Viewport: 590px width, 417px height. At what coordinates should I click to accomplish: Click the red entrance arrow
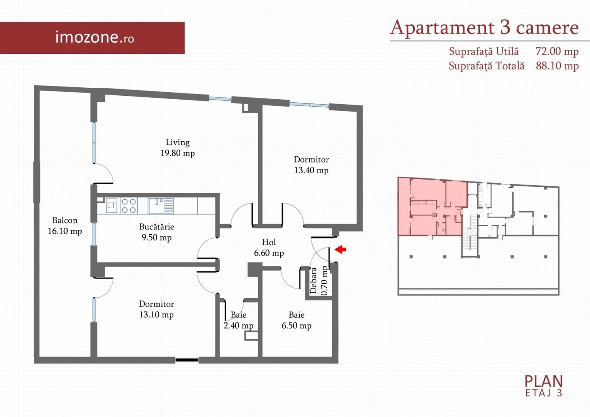(340, 249)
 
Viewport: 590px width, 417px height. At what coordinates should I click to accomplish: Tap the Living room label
(178, 142)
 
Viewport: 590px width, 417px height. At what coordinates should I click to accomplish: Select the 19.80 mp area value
(178, 153)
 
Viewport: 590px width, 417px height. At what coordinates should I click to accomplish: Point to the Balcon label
(65, 220)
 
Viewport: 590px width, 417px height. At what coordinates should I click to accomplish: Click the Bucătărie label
(157, 227)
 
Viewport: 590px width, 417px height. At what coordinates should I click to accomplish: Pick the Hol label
(269, 242)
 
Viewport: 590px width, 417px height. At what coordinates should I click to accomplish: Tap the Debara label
(314, 281)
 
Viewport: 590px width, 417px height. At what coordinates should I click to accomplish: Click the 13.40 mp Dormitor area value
(311, 170)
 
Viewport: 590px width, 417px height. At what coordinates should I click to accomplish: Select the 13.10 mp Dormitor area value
(156, 315)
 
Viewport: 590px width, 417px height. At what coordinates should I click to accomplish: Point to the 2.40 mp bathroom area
(238, 325)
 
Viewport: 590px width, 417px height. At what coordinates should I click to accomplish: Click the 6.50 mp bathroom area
(296, 325)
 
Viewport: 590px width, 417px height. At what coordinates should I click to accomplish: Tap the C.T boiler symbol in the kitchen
(112, 206)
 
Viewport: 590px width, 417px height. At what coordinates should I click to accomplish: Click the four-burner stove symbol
(129, 206)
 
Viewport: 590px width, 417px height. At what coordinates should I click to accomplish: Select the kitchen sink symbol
(161, 206)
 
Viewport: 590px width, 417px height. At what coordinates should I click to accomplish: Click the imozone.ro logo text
(95, 37)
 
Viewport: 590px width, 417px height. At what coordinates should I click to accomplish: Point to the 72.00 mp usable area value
(557, 51)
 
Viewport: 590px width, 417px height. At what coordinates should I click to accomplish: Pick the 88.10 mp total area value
(557, 66)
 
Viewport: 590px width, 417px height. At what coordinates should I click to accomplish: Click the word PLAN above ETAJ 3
(543, 381)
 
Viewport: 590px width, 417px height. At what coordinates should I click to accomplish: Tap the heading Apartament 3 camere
(484, 27)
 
